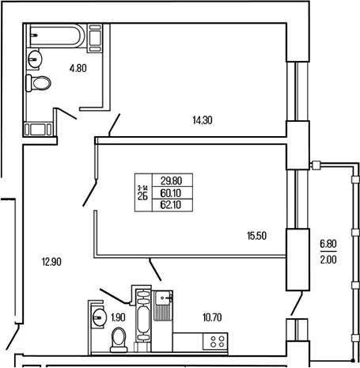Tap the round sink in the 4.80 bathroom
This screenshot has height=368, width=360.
[x=35, y=59]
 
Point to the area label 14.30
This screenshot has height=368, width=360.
[x=203, y=120]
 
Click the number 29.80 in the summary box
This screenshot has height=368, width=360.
[x=171, y=180]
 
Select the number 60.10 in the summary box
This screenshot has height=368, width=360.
[x=171, y=192]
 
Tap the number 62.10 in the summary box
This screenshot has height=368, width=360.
[x=171, y=204]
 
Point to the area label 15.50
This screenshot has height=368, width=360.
[x=255, y=236]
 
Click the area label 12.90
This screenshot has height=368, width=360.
[x=52, y=260]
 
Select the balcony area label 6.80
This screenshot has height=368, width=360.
[x=328, y=244]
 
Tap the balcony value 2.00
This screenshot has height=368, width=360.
[x=328, y=257]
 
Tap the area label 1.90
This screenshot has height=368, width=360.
[x=117, y=317]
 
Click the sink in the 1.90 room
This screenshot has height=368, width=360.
[x=99, y=317]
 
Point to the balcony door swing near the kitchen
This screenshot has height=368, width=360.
[x=297, y=302]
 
